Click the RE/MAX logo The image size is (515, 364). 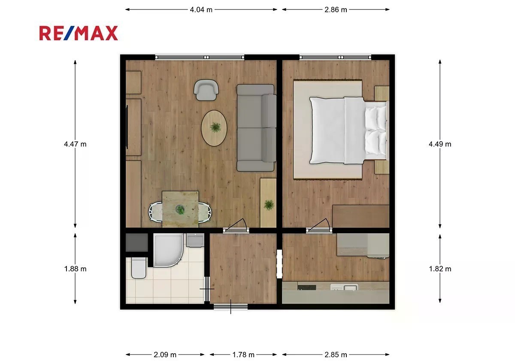pos(79,33)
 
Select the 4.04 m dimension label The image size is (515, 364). pos(201,9)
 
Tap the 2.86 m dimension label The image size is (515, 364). pos(336,9)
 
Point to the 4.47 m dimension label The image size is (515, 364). pos(75,144)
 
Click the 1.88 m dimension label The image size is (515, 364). pos(75,269)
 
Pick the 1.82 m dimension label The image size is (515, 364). pos(440,269)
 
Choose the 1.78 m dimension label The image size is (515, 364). pos(243,355)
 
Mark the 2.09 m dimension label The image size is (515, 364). pos(165,355)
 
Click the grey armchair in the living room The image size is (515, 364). pos(206,90)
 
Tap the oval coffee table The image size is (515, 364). pos(214,128)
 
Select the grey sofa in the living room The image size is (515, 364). pos(256,128)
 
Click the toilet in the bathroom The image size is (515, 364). pos(139,268)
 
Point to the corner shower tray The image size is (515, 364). pos(168,250)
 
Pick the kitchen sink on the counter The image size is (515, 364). pos(344,287)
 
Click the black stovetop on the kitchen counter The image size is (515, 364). pos(307,287)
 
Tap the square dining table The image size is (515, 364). pos(180,209)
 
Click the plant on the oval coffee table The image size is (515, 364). pos(215,127)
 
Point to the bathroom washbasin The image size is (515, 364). pos(195,240)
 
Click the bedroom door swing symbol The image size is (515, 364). pos(319,225)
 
